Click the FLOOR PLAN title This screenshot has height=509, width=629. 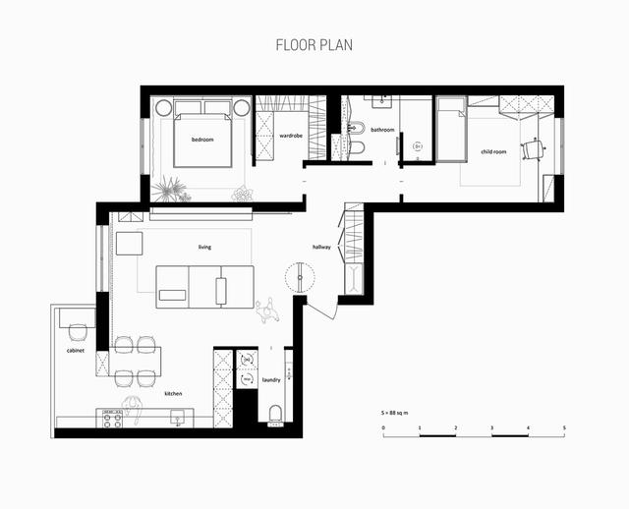coord(314,45)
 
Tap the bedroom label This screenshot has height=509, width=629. coord(202,140)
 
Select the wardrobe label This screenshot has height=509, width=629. coord(291,136)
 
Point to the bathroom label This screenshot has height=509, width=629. coord(382,130)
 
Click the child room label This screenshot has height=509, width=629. coord(493,151)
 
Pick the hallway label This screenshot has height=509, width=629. coord(321,247)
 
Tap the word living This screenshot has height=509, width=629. coord(204,247)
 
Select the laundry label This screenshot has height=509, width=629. coord(271,380)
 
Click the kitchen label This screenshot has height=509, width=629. coord(173,394)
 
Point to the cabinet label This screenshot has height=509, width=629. coord(76,351)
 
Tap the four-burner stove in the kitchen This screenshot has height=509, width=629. coord(112,419)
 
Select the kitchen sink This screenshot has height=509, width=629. coord(178,418)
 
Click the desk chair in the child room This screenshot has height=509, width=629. coord(533,149)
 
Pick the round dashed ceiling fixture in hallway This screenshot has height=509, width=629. coord(300,277)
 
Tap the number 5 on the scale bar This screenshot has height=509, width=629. coord(564,428)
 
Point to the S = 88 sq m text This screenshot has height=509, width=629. coord(395,413)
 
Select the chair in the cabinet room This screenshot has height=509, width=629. coord(78,332)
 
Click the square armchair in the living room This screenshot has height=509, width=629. coord(129,244)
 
